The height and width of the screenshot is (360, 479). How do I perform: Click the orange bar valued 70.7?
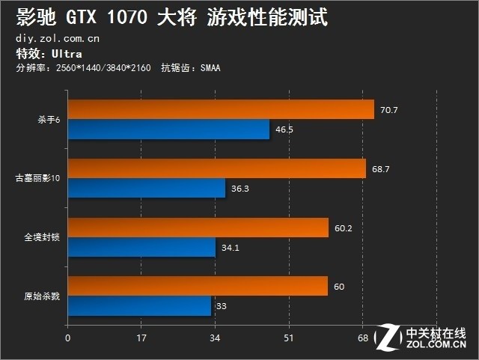[221, 110]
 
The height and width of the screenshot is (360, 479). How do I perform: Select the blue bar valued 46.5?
[168, 129]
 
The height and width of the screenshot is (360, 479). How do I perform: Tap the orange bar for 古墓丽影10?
[217, 168]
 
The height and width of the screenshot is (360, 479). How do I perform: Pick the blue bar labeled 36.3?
[147, 189]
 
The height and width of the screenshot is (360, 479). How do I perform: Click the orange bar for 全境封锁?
[198, 228]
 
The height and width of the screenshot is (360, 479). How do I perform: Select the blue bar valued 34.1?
[141, 248]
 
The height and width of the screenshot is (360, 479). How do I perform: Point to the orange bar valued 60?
[198, 286]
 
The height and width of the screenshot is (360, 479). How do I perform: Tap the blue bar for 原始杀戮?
[139, 306]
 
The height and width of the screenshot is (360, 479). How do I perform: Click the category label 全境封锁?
[42, 238]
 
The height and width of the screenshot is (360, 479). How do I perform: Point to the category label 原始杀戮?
[42, 296]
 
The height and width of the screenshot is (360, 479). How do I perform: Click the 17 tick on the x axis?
[141, 338]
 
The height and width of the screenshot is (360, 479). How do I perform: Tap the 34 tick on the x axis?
[215, 338]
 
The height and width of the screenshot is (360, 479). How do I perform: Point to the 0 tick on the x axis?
[68, 338]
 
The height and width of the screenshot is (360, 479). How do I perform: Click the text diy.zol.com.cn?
[57, 37]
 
